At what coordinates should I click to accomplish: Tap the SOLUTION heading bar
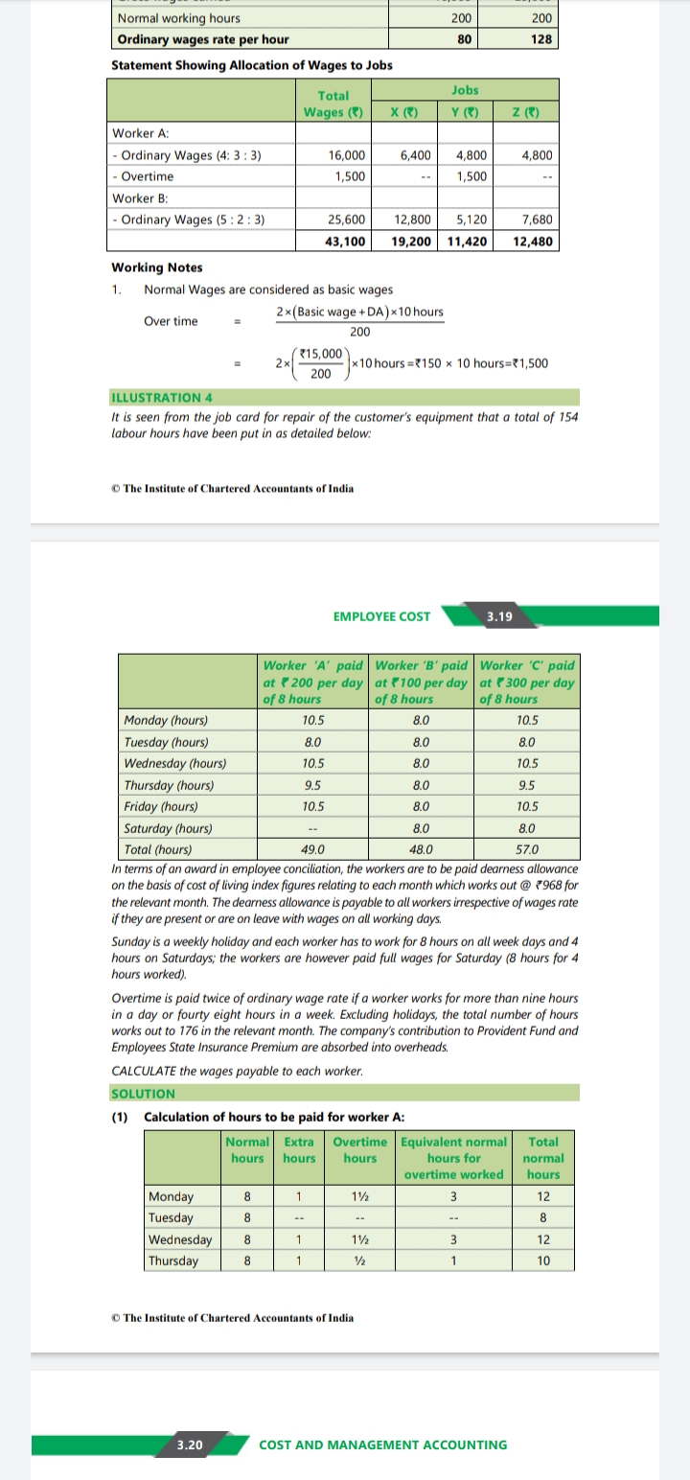click(144, 1094)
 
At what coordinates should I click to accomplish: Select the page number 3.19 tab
click(499, 616)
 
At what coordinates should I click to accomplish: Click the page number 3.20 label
click(191, 1445)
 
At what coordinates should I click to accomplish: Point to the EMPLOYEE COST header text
click(381, 616)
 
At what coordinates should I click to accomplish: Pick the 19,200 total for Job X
click(413, 242)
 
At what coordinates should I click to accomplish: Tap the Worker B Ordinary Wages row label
click(189, 220)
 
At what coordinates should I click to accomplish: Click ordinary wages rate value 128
click(540, 39)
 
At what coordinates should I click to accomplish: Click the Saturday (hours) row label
click(169, 828)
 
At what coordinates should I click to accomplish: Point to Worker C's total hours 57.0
click(527, 849)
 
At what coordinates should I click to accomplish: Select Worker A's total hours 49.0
click(312, 849)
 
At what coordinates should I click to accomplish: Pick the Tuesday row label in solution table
click(171, 1217)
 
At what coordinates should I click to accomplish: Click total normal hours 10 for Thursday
click(543, 1260)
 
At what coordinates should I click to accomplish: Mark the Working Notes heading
click(157, 267)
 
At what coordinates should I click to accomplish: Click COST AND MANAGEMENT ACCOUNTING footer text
click(383, 1445)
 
